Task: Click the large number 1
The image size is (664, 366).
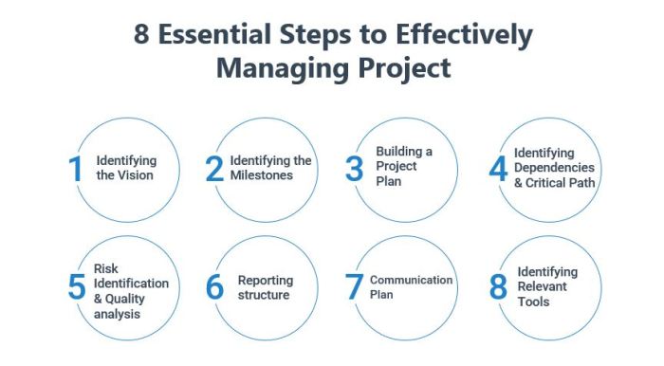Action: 76,169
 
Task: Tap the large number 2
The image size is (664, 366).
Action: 215,169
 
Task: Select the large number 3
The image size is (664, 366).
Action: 354,169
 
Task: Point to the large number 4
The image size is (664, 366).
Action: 498,169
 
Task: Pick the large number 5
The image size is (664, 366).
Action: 77,287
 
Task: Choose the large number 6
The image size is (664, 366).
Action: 215,287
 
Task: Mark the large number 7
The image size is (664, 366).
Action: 354,287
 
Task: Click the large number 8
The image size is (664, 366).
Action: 498,287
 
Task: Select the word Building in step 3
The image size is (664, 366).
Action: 404,151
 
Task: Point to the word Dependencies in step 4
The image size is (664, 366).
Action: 555,167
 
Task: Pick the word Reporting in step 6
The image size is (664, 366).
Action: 266,281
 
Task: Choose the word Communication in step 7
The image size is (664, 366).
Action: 412,281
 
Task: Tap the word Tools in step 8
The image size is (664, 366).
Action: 533,302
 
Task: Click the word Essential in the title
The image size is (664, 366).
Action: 214,35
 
